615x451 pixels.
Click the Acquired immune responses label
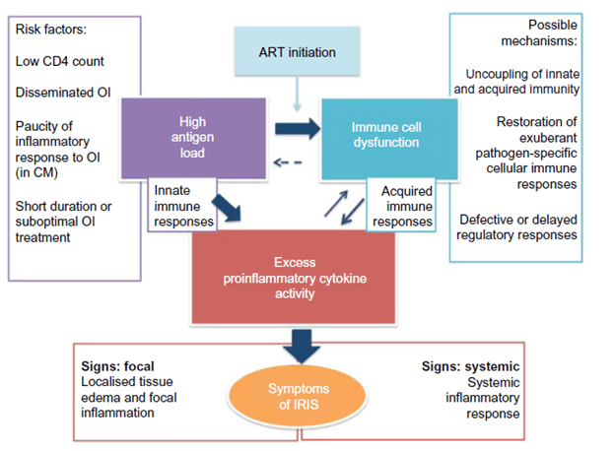tap(401, 205)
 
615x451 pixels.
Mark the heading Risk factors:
tap(51, 28)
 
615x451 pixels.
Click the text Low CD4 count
tap(59, 61)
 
